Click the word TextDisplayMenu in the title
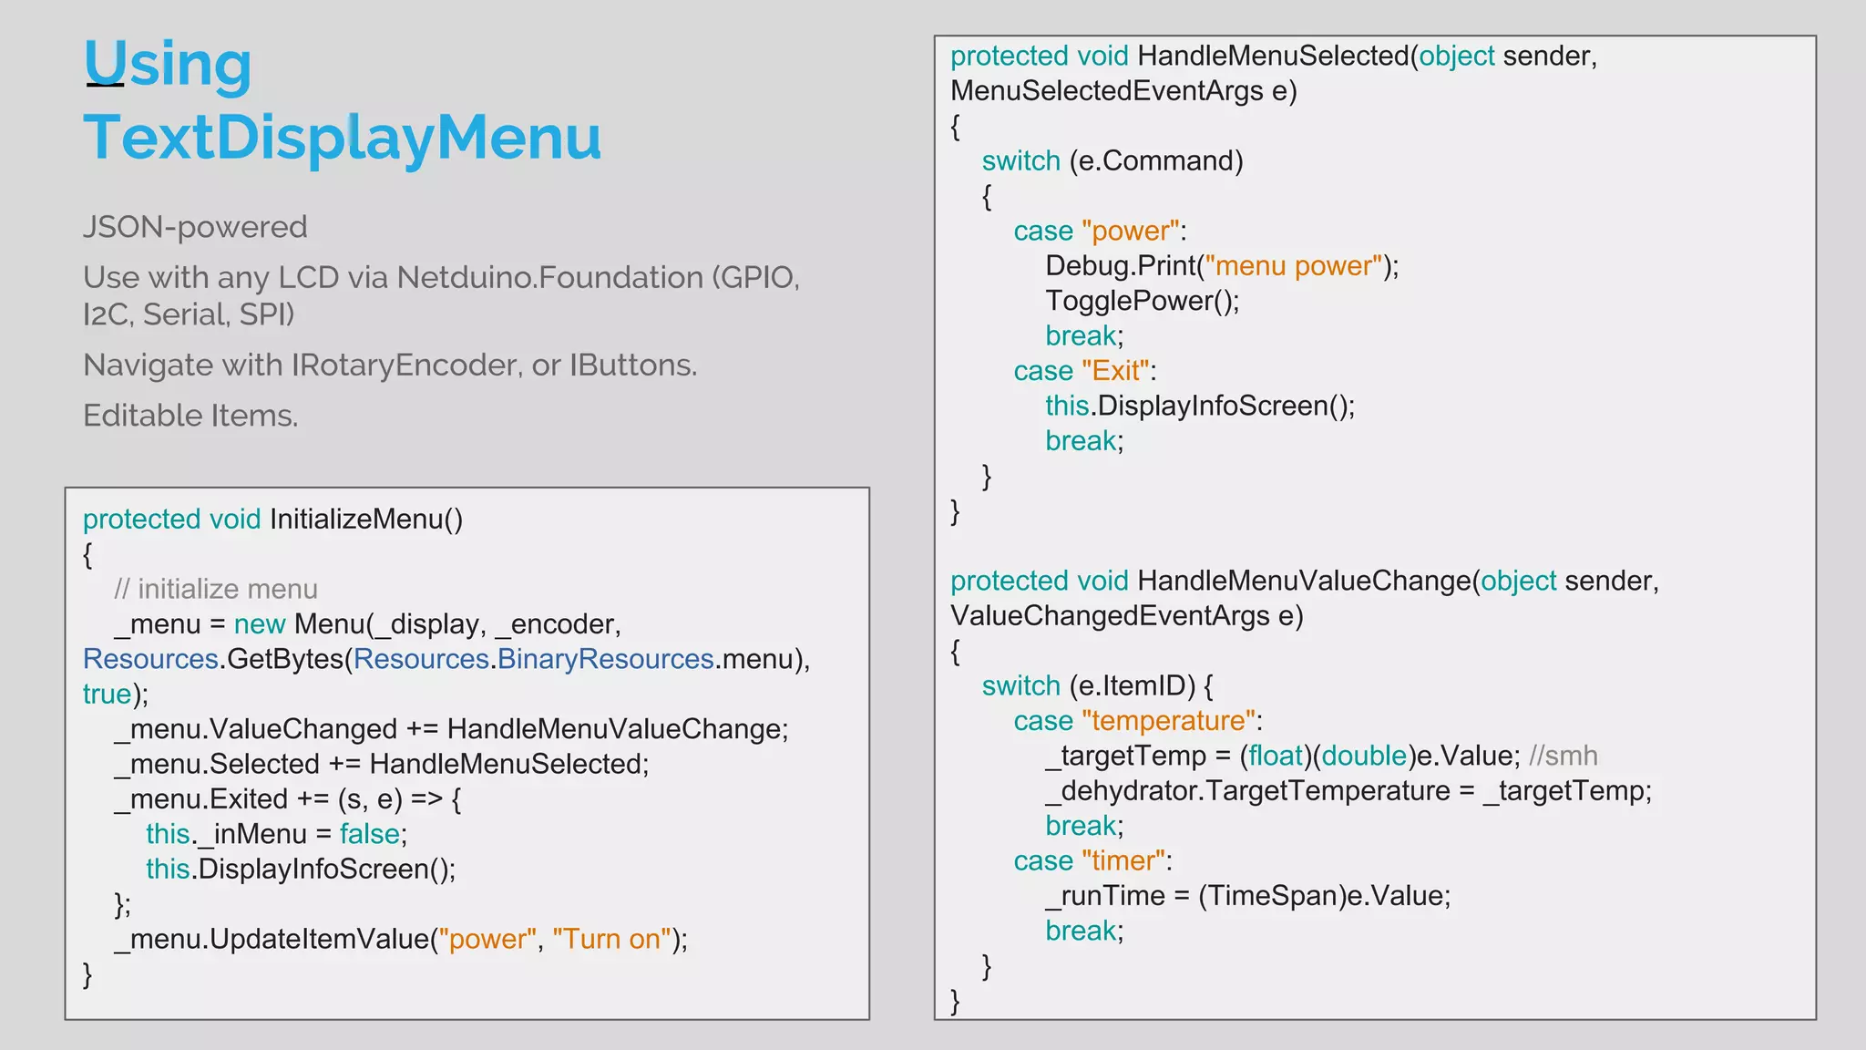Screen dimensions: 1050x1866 [342, 137]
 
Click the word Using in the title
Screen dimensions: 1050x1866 [167, 64]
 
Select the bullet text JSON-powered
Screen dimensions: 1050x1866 [195, 227]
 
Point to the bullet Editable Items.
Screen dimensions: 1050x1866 [190, 416]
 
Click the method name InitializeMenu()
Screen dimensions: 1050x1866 [366, 520]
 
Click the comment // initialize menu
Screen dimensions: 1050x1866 [216, 590]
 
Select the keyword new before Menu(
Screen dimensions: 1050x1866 [260, 624]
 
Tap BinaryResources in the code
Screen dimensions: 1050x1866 [605, 659]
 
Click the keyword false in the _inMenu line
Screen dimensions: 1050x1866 [369, 834]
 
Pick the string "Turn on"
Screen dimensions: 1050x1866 [611, 940]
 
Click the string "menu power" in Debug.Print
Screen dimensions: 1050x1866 [1293, 266]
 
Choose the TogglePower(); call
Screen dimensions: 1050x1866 [1142, 301]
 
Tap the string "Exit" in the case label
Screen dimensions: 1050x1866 [1115, 371]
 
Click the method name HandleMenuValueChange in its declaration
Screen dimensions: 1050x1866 [1305, 581]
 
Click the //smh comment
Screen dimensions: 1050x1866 [1563, 756]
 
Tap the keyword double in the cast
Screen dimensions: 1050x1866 [1364, 756]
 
